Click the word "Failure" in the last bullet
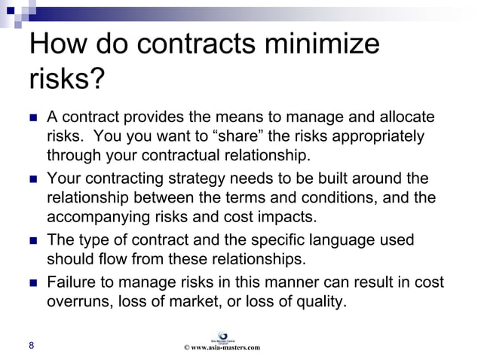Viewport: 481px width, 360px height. [x=73, y=283]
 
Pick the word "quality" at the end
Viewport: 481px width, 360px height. [x=322, y=303]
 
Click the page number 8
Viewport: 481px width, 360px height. [x=31, y=346]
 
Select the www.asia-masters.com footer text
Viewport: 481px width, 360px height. [x=222, y=347]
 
